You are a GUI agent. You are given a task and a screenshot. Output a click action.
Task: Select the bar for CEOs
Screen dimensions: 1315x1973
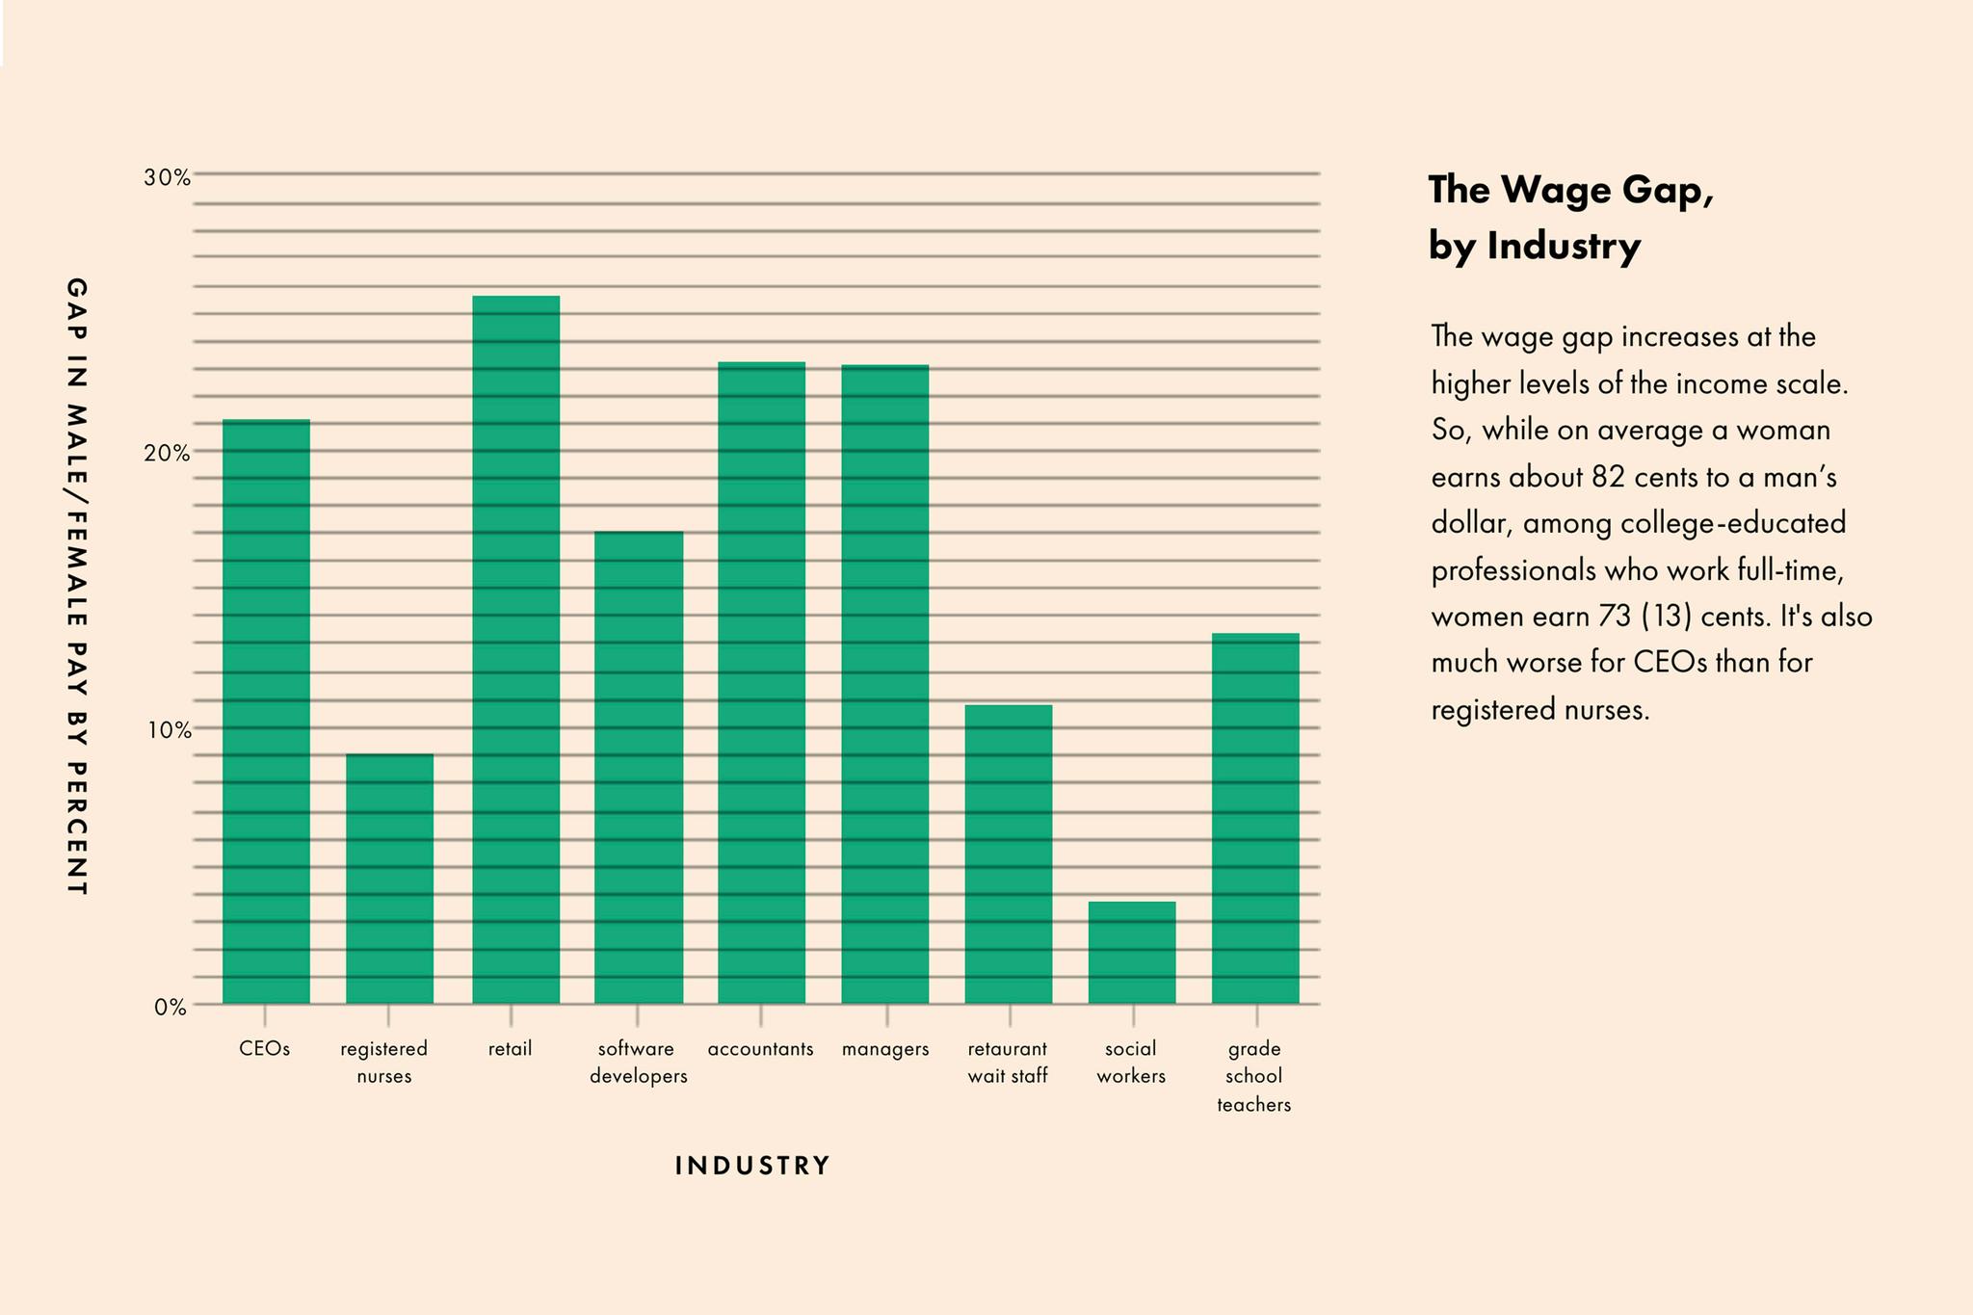266,712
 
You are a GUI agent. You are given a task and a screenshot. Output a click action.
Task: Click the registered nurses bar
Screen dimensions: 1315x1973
389,879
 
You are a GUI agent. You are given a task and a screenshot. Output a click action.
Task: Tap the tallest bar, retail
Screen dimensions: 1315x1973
515,650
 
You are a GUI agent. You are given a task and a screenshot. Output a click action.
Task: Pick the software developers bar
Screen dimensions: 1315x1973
639,768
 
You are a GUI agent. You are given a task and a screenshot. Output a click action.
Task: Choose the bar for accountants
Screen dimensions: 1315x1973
761,683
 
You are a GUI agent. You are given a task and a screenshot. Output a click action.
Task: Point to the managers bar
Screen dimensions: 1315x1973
885,685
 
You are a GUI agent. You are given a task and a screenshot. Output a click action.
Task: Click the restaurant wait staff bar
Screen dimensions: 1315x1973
1009,855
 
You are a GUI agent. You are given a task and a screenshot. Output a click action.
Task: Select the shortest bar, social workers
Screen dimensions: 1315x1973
1132,953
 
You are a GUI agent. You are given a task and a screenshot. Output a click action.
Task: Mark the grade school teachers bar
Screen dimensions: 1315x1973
1255,819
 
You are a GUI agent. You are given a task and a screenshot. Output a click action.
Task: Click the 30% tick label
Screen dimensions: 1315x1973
167,177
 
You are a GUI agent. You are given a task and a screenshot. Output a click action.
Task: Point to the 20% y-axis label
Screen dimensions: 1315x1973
167,453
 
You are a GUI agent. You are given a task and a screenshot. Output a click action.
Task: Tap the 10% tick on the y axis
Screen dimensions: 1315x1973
169,730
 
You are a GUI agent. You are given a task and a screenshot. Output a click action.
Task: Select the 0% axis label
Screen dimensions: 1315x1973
171,1007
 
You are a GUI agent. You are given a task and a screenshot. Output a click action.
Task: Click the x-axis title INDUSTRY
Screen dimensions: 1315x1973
752,1166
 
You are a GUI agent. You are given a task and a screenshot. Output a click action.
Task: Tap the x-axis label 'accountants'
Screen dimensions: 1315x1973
760,1049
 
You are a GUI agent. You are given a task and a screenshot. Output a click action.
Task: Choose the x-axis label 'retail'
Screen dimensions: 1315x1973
510,1048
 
